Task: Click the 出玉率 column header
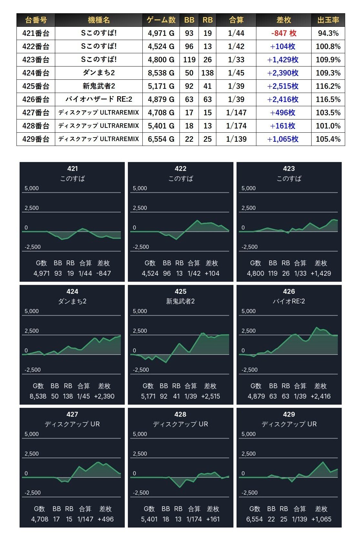click(x=328, y=20)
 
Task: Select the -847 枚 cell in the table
click(x=284, y=33)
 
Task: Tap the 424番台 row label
click(x=36, y=73)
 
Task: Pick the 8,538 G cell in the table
click(x=161, y=73)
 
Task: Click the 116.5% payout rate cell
click(x=328, y=99)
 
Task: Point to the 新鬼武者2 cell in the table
click(x=99, y=86)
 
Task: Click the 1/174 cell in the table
click(x=236, y=126)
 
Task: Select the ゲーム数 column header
click(x=161, y=20)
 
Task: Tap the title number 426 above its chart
click(x=289, y=292)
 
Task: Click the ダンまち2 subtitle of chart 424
click(x=72, y=301)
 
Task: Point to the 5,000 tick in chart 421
click(x=32, y=189)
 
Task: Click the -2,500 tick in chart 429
click(x=250, y=493)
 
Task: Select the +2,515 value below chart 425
click(x=211, y=396)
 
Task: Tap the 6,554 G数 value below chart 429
click(x=254, y=519)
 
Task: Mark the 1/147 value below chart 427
click(x=85, y=519)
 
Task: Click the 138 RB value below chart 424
click(x=68, y=396)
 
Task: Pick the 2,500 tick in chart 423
click(x=249, y=208)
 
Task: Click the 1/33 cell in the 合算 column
click(x=236, y=60)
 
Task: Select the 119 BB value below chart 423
click(x=273, y=273)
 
